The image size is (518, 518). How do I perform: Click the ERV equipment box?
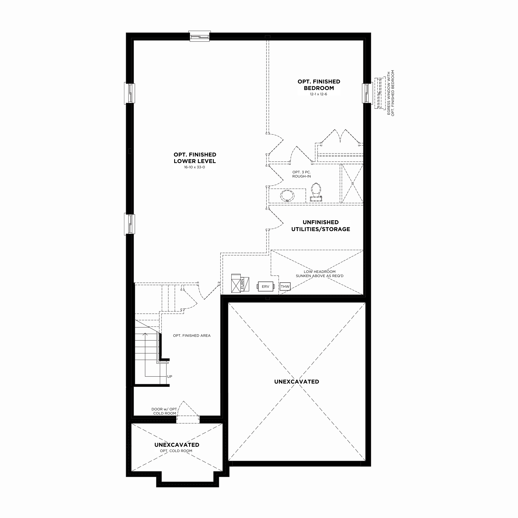(265, 286)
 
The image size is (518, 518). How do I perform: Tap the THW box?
(285, 286)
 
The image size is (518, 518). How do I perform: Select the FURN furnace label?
(242, 284)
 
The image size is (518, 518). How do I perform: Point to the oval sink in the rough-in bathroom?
(287, 196)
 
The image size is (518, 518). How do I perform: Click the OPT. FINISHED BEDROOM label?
(319, 85)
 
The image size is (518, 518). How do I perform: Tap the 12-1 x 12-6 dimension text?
(318, 94)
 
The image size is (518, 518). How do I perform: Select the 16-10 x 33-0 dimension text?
(195, 167)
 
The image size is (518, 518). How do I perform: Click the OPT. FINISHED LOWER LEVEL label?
(195, 158)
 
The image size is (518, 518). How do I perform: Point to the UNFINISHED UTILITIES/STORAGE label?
(321, 225)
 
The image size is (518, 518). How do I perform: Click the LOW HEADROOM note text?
(320, 272)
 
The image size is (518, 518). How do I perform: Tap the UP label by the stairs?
(170, 376)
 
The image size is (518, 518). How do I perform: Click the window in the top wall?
(200, 36)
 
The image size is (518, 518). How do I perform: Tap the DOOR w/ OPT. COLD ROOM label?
(165, 411)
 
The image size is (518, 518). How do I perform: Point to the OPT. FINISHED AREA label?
(192, 335)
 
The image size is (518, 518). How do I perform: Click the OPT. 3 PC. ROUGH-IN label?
(302, 174)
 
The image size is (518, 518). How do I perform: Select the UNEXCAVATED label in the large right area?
(297, 381)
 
